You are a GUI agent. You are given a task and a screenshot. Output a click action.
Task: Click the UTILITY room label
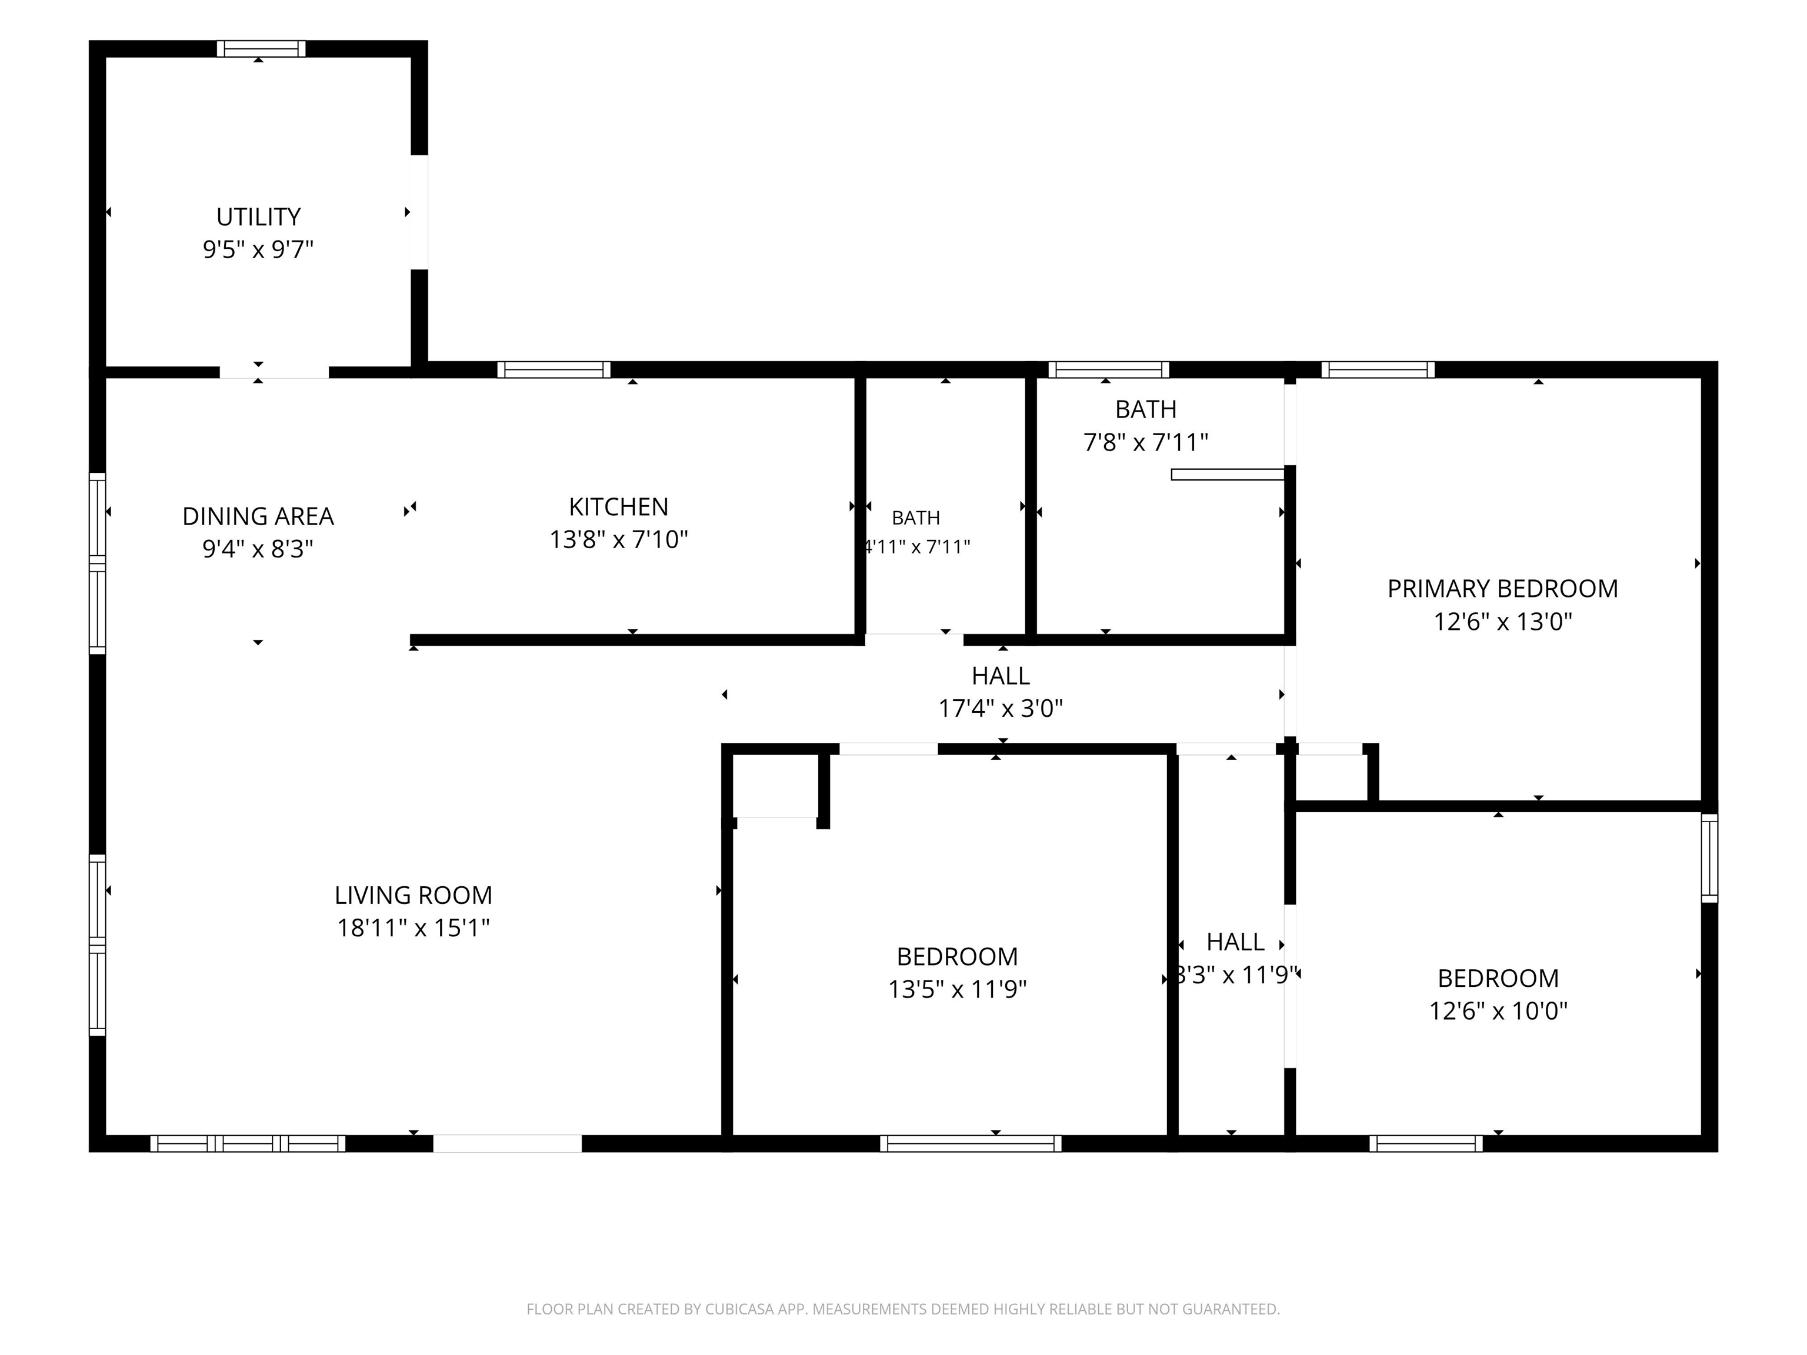click(258, 217)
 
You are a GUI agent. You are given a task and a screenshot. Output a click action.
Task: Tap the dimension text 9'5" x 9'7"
click(258, 249)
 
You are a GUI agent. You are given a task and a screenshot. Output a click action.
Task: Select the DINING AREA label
click(258, 516)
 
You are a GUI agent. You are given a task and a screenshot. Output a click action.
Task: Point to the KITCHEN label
click(618, 507)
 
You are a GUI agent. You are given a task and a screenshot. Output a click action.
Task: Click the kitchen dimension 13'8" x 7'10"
click(618, 540)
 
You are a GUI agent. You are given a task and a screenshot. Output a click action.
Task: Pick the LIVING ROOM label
click(414, 895)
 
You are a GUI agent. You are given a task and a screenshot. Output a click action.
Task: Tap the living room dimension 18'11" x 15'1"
click(414, 928)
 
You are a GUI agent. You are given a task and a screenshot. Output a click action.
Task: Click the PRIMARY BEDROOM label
click(1502, 589)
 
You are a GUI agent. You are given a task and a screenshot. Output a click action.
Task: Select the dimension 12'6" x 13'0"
click(1502, 622)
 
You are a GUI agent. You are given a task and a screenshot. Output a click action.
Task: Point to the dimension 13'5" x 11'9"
click(958, 989)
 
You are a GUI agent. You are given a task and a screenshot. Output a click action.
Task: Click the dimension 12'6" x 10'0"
click(1498, 1011)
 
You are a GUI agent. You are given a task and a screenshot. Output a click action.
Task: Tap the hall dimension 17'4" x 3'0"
click(1001, 708)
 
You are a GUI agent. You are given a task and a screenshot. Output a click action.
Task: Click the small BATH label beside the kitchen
click(916, 518)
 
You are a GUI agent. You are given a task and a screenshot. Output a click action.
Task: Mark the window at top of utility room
click(261, 49)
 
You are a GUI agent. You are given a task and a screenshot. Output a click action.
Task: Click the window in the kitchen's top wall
click(554, 370)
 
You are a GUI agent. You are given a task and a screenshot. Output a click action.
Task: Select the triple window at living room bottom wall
click(248, 1143)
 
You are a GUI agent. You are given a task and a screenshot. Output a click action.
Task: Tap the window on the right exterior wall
click(1710, 857)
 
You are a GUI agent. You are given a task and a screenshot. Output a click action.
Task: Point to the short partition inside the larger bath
click(1228, 475)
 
